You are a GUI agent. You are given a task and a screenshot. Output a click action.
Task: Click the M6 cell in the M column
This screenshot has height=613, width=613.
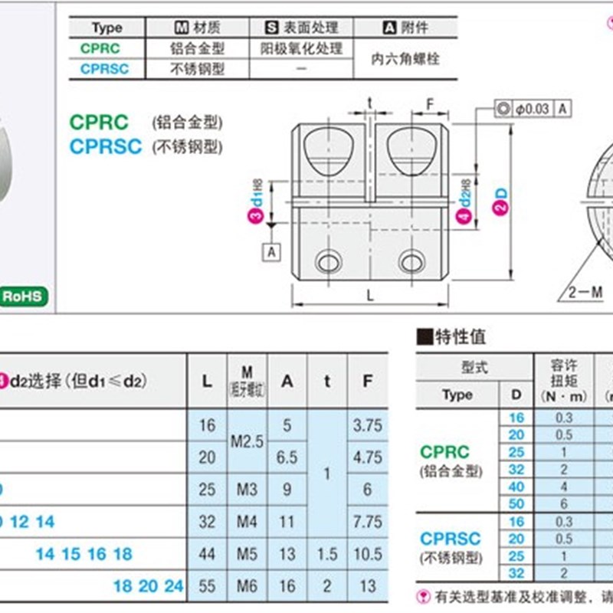pos(245,585)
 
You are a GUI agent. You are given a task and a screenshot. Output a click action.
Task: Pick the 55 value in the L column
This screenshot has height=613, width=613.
pos(207,585)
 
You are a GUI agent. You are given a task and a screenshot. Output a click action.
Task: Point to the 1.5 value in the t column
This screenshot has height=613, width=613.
pos(326,553)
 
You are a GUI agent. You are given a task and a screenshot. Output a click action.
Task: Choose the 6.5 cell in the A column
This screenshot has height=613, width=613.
pos(286,457)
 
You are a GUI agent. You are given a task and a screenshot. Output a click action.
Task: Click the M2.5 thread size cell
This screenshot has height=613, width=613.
pos(246,441)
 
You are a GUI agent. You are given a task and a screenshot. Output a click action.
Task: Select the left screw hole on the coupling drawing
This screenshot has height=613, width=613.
pos(328,261)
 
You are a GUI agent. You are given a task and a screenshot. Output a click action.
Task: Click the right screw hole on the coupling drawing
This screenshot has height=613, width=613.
pos(415,261)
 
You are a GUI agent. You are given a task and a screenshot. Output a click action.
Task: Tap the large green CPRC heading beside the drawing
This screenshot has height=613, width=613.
pos(100,122)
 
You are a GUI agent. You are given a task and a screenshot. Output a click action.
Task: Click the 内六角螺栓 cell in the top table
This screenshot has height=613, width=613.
pos(405,58)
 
